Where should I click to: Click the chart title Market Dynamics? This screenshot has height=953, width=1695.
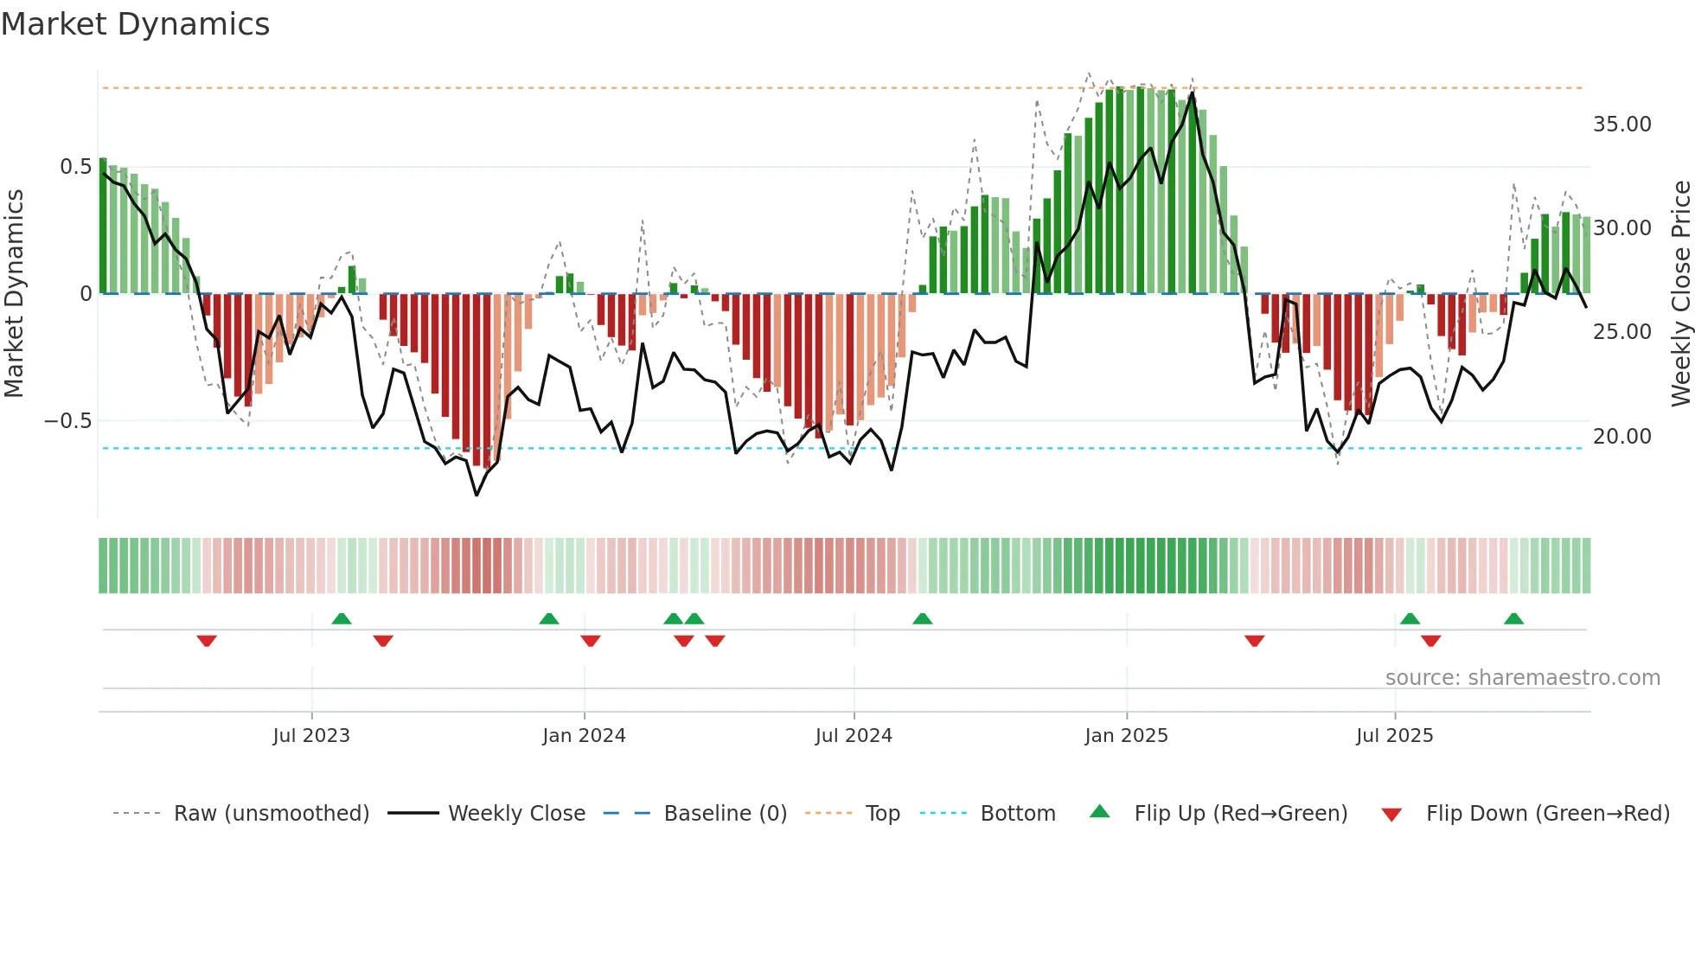135,24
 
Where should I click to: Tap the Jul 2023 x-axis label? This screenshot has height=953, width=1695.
311,736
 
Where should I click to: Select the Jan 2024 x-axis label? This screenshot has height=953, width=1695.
584,736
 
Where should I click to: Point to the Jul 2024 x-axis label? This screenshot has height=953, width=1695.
854,736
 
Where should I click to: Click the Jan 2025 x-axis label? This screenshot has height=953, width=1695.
1126,736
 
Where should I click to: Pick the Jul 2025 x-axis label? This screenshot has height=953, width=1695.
1394,736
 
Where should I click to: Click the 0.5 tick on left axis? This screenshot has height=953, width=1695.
75,167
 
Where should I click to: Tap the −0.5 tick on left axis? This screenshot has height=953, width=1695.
67,421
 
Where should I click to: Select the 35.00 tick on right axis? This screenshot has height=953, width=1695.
1622,125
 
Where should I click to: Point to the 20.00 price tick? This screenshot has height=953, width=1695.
1622,437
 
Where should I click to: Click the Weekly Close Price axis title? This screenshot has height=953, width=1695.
1680,294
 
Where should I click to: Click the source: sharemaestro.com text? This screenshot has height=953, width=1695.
1522,678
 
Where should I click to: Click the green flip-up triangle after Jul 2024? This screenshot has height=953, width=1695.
923,619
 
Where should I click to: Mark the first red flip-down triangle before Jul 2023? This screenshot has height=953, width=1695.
207,641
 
